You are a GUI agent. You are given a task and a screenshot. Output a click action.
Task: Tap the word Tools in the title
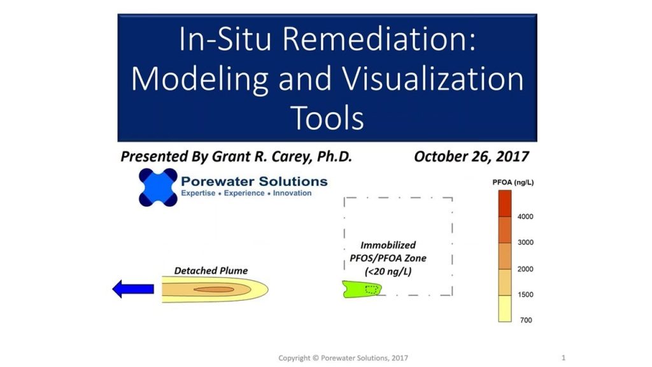pos(327,118)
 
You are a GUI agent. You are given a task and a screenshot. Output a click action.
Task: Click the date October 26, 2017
pos(472,157)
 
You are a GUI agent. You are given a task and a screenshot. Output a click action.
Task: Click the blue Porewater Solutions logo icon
pos(158,187)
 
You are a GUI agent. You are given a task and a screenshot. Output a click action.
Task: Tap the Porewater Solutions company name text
pos(254,182)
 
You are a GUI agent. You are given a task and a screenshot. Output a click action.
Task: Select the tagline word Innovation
pos(292,193)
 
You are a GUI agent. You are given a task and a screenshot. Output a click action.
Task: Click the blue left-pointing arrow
pos(133,289)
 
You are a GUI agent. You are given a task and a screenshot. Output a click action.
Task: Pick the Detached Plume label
pos(211,271)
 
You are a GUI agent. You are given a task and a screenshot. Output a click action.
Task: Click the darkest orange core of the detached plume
pos(214,289)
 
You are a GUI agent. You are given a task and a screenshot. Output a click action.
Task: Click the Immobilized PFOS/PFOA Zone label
pos(388,258)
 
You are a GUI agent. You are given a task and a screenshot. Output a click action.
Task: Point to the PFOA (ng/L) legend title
pos(513,182)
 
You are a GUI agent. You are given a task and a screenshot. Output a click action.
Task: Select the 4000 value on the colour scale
pos(525,217)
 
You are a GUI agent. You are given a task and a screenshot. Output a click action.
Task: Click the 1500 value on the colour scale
pos(525,294)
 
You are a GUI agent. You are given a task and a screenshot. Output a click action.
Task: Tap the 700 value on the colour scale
pos(526,320)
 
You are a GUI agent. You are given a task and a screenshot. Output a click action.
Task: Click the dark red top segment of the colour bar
pos(505,203)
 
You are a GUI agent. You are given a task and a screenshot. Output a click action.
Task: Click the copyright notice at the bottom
pos(343,358)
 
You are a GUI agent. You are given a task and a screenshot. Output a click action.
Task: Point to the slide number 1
pos(563,357)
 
